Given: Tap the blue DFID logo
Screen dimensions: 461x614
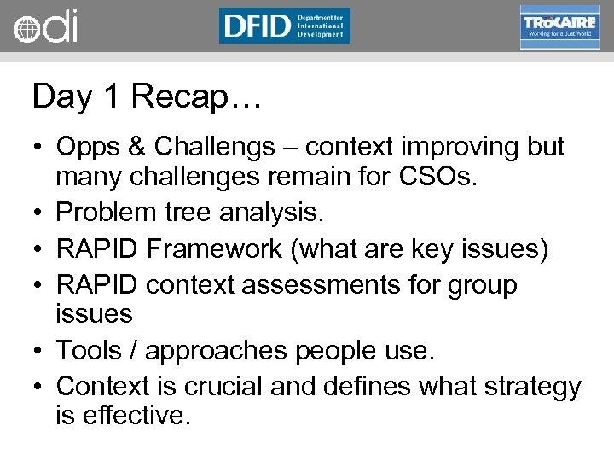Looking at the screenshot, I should coord(284,26).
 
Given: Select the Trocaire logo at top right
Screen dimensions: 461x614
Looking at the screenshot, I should coord(559,26).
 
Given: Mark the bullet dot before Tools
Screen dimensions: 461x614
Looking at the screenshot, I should coord(40,350).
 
